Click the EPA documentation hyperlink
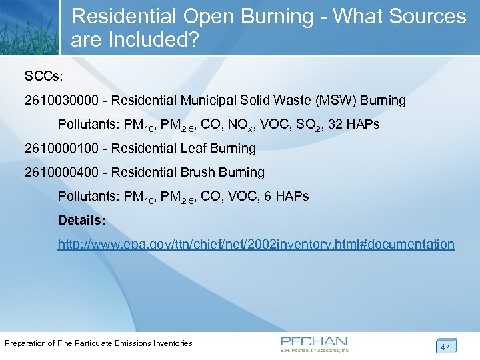click(256, 245)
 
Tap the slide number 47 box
click(445, 346)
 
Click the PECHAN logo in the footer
click(315, 344)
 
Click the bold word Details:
click(81, 220)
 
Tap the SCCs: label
click(43, 77)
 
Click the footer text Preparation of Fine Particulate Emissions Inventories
click(99, 343)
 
